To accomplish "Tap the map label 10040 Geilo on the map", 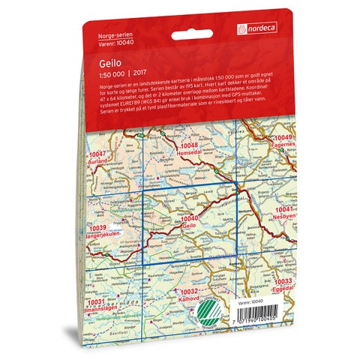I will [x=189, y=220].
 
